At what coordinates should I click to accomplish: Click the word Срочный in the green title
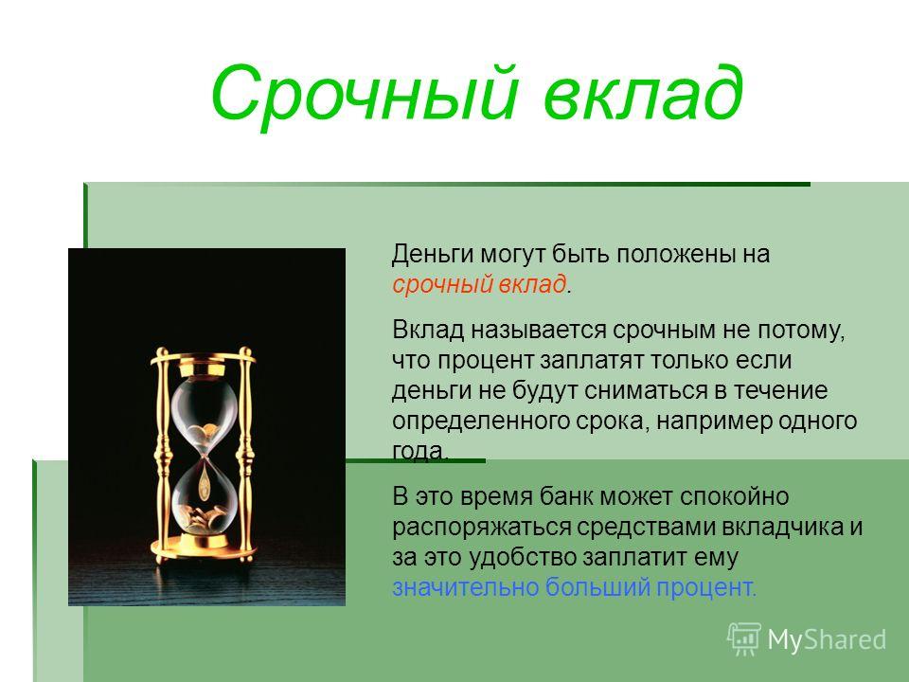pyautogui.click(x=363, y=94)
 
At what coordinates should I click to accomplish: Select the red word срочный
pyautogui.click(x=437, y=285)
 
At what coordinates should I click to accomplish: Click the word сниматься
pyautogui.click(x=646, y=391)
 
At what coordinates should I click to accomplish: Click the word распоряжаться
pyautogui.click(x=482, y=528)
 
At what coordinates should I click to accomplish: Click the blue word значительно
pyautogui.click(x=466, y=587)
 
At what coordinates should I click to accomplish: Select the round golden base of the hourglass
pyautogui.click(x=203, y=548)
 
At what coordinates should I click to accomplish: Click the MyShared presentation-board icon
pyautogui.click(x=744, y=639)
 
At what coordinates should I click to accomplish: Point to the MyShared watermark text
pyautogui.click(x=827, y=640)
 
